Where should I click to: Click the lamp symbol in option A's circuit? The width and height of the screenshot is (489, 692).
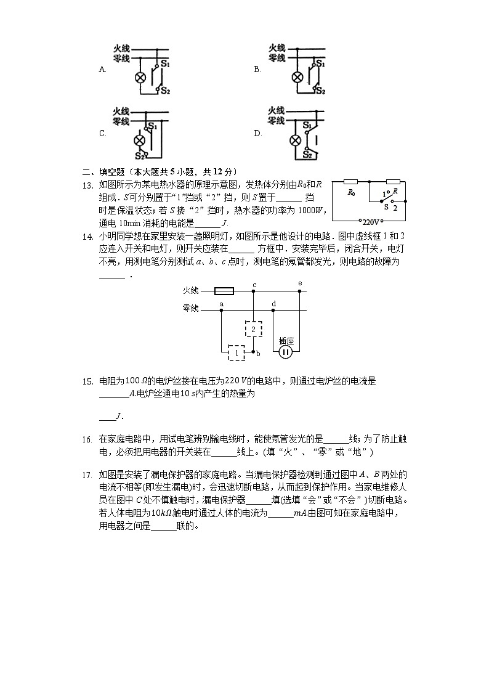(x=140, y=77)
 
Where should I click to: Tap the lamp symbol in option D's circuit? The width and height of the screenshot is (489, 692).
(x=297, y=141)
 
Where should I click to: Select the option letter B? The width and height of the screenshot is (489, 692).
(x=257, y=70)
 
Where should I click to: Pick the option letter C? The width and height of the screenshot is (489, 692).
(x=102, y=133)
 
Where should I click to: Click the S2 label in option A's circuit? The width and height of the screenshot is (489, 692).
(x=166, y=91)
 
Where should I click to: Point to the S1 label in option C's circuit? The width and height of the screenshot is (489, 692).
(x=152, y=126)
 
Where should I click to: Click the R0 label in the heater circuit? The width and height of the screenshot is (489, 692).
(x=351, y=192)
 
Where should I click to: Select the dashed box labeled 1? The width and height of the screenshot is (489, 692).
(x=236, y=352)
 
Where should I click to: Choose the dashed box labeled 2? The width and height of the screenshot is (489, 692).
(x=253, y=330)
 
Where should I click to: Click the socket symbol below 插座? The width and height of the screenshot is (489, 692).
(x=285, y=352)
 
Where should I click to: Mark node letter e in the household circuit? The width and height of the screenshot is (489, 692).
(x=300, y=283)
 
